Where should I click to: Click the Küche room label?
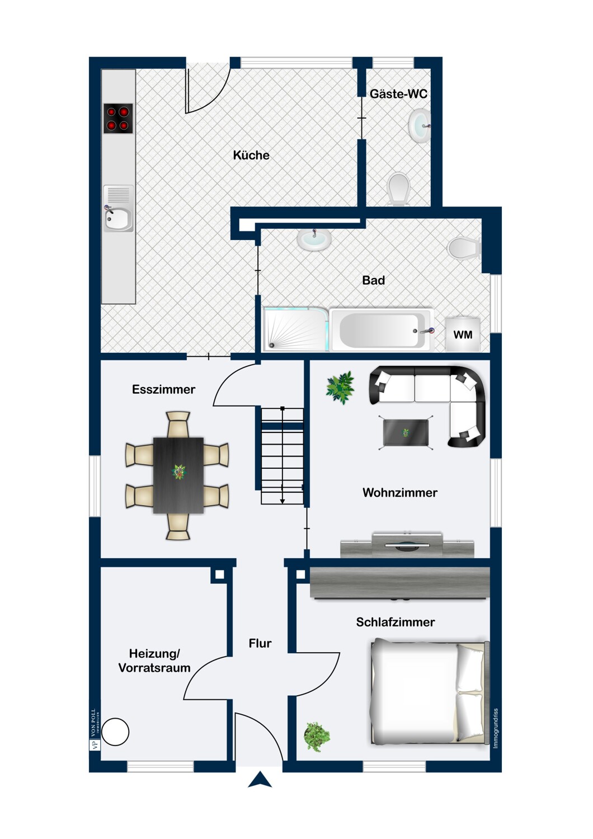(251, 155)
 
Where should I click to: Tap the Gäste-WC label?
(398, 94)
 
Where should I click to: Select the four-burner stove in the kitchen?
(118, 119)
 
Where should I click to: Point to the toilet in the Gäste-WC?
(399, 188)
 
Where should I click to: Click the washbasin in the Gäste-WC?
(419, 126)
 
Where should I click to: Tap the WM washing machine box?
(463, 334)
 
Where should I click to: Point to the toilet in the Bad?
(464, 248)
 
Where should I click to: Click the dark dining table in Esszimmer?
(178, 475)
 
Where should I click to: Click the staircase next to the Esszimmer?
(283, 456)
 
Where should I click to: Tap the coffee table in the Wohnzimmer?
(406, 432)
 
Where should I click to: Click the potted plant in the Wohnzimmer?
(340, 386)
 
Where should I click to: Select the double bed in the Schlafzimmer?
(429, 693)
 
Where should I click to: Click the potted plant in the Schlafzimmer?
(317, 736)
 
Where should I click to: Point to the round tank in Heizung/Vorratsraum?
(115, 732)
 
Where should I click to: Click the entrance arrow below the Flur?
(260, 780)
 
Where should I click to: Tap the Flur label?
(260, 643)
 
